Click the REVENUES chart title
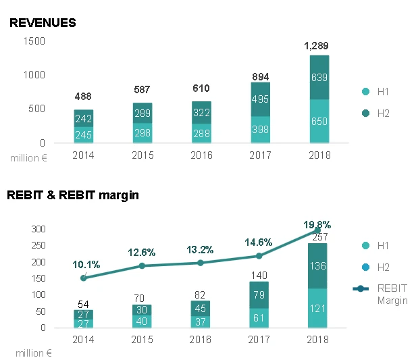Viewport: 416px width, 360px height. coord(43,23)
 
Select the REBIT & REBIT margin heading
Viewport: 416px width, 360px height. coord(73,195)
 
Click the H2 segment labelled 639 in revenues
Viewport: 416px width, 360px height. coord(319,78)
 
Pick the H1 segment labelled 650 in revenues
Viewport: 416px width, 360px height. coord(319,122)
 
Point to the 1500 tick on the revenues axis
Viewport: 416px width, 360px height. coord(33,41)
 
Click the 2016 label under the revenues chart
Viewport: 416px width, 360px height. coord(201,155)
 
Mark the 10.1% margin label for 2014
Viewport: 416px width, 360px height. coord(84,264)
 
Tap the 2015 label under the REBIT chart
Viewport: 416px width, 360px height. coord(142,340)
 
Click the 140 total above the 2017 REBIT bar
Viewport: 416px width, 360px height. coord(260,275)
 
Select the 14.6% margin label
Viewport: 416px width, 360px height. coord(259,241)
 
